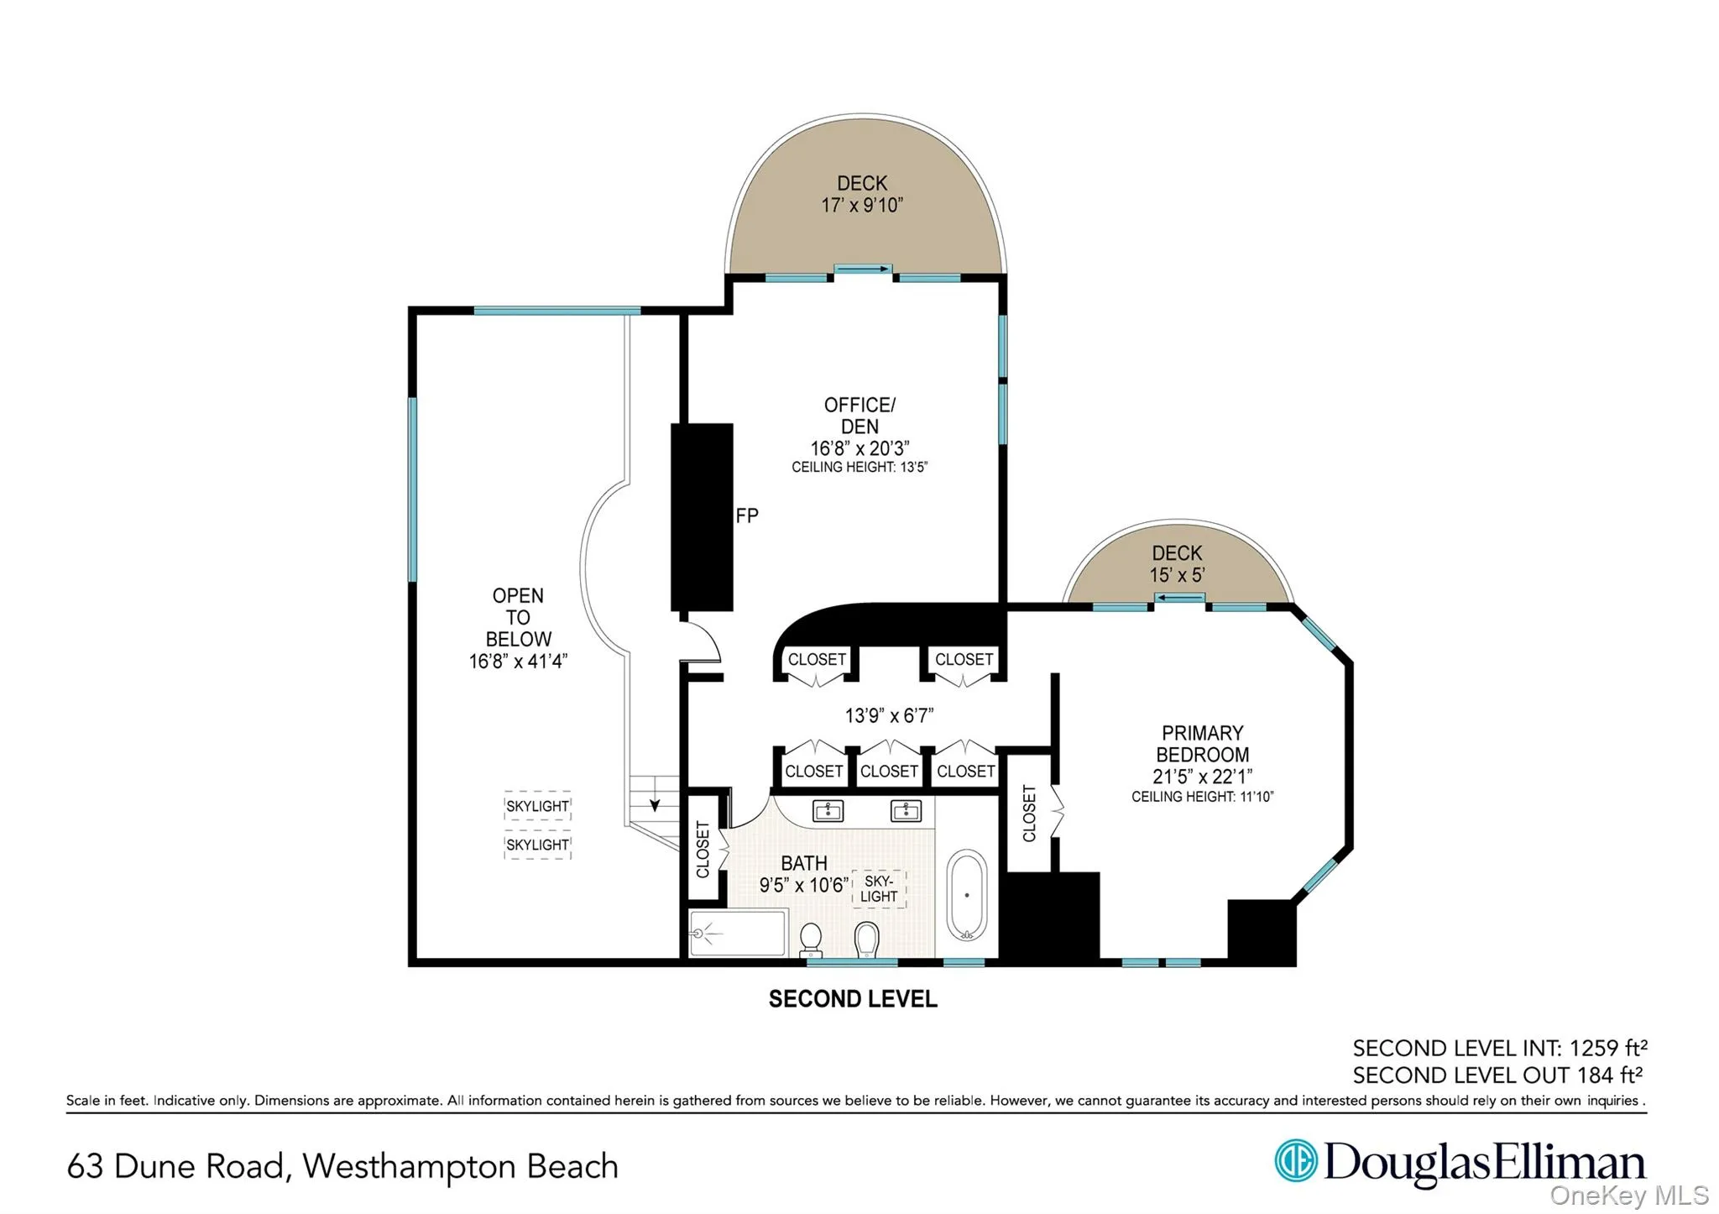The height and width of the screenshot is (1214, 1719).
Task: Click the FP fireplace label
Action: pyautogui.click(x=746, y=515)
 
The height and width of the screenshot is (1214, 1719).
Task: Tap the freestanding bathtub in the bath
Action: pyautogui.click(x=966, y=895)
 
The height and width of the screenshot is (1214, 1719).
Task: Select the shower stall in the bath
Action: pyautogui.click(x=738, y=932)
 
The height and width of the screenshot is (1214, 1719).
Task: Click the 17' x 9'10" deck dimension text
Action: pyautogui.click(x=862, y=206)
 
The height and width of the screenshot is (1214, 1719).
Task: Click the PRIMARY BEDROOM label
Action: pyautogui.click(x=1202, y=743)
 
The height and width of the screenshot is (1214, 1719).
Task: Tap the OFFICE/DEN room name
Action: pyautogui.click(x=859, y=416)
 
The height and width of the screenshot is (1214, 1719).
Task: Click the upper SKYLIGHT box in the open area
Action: pyautogui.click(x=537, y=806)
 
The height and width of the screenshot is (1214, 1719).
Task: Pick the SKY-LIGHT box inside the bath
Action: pyautogui.click(x=878, y=889)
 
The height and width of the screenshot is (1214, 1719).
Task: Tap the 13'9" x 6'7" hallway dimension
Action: pyautogui.click(x=889, y=715)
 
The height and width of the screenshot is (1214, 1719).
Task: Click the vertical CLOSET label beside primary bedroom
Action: pyautogui.click(x=1029, y=813)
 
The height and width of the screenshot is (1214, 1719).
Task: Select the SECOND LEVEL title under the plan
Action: pyautogui.click(x=853, y=999)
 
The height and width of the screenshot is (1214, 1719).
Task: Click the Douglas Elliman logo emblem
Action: pyautogui.click(x=1295, y=1161)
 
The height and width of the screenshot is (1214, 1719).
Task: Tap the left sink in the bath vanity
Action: pyautogui.click(x=828, y=810)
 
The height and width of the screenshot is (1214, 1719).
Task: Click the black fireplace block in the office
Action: pyautogui.click(x=702, y=516)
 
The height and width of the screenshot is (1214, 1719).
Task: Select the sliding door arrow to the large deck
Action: pyautogui.click(x=863, y=269)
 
